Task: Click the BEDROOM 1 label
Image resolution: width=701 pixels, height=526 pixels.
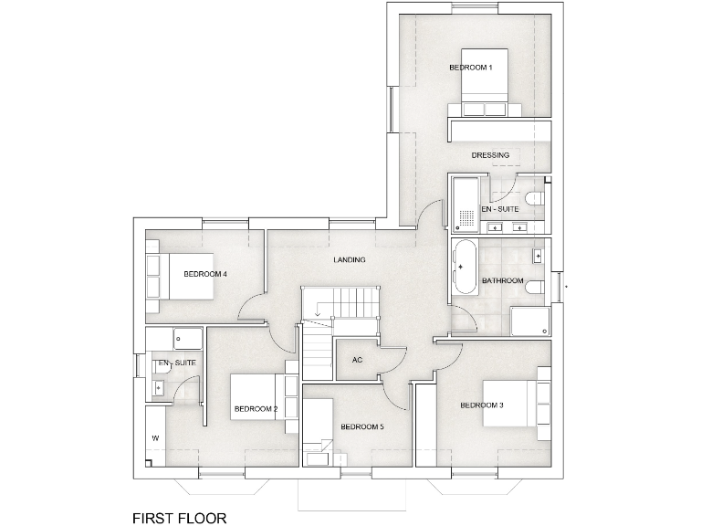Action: pos(470,68)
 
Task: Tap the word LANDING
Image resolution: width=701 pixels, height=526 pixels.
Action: pos(350,260)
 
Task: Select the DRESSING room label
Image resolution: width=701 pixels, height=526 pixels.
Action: pos(490,155)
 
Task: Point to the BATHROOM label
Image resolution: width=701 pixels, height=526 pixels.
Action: pos(502,280)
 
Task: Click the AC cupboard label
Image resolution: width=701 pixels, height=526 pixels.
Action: pos(358,360)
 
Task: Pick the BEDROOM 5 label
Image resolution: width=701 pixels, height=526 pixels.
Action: pos(362,426)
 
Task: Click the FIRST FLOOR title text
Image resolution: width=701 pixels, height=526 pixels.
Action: pos(179,518)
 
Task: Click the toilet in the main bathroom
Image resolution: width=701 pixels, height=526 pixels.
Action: pos(539,287)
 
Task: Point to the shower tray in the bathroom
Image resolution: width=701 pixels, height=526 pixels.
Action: pos(529,321)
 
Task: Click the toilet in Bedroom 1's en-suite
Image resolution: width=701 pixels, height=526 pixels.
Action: pos(537,198)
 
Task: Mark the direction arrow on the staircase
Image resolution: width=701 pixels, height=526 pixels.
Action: pos(318,316)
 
